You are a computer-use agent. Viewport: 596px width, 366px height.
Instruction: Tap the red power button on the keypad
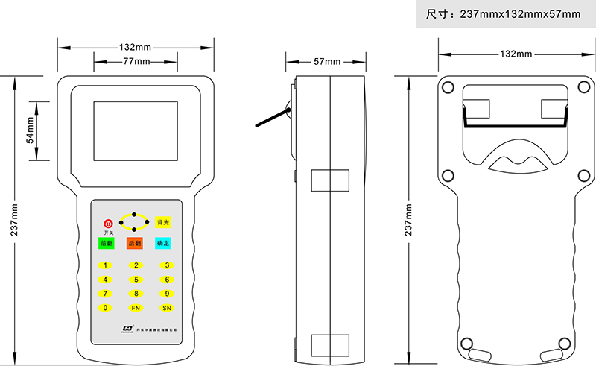(x=107, y=223)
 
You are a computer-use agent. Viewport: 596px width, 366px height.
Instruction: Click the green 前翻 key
(x=106, y=243)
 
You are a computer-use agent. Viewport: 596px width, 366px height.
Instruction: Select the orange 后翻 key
(x=135, y=243)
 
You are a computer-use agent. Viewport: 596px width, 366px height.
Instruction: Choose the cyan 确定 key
(x=163, y=243)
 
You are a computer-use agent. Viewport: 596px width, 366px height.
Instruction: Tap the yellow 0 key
(x=106, y=307)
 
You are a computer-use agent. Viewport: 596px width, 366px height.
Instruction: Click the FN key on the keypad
(x=136, y=307)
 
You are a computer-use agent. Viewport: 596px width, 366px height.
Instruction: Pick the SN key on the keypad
(x=166, y=307)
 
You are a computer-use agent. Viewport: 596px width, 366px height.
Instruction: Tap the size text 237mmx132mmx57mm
(x=503, y=14)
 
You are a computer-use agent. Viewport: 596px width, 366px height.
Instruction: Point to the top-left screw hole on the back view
(x=448, y=86)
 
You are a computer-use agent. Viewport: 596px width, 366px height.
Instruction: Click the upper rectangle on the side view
(x=329, y=180)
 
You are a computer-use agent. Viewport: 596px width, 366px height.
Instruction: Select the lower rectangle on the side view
(x=329, y=344)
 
